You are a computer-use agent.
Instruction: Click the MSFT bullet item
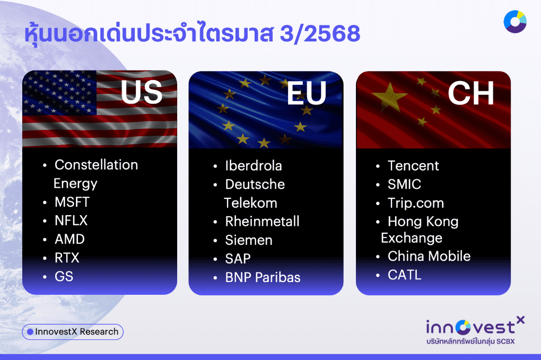pyautogui.click(x=72, y=202)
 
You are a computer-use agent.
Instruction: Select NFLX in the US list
pyautogui.click(x=71, y=221)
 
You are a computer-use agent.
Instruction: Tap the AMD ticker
pyautogui.click(x=69, y=239)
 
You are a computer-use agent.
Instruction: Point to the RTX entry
pyautogui.click(x=67, y=258)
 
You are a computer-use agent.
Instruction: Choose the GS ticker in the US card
pyautogui.click(x=64, y=276)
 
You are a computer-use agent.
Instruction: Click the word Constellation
pyautogui.click(x=96, y=165)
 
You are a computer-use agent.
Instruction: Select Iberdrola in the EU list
pyautogui.click(x=253, y=165)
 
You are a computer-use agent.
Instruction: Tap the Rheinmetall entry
pyautogui.click(x=262, y=221)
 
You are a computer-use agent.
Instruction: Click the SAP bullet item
pyautogui.click(x=238, y=258)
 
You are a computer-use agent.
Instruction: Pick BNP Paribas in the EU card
pyautogui.click(x=263, y=277)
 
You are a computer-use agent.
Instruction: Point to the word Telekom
pyautogui.click(x=250, y=203)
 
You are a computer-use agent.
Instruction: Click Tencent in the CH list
pyautogui.click(x=413, y=165)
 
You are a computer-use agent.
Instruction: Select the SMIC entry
pyautogui.click(x=404, y=185)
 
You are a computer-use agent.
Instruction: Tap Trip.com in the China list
pyautogui.click(x=415, y=203)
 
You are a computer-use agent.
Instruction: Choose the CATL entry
pyautogui.click(x=404, y=275)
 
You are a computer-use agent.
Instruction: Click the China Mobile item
pyautogui.click(x=429, y=256)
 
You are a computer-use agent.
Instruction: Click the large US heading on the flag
pyautogui.click(x=141, y=92)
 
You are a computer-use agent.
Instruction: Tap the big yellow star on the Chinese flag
pyautogui.click(x=390, y=96)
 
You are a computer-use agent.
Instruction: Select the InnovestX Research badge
pyautogui.click(x=73, y=332)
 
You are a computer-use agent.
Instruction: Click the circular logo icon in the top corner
pyautogui.click(x=514, y=22)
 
